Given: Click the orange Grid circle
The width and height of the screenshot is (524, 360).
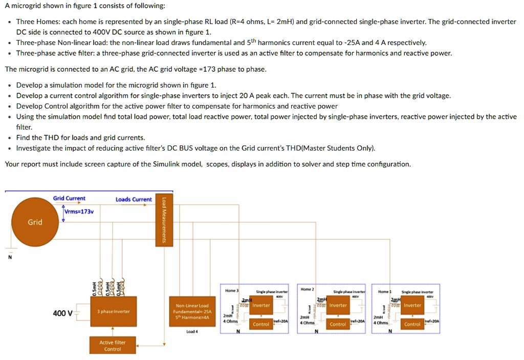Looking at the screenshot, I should pos(35,222).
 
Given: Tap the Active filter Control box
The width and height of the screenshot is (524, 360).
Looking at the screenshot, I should pos(112,346).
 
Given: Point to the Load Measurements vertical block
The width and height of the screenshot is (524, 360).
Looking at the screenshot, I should pos(164,221).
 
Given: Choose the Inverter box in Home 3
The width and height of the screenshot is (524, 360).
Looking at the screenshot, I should pos(261,306).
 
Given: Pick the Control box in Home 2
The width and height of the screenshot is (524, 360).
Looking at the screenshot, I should pos(338,324).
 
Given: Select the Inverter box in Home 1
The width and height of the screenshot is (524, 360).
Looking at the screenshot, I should pos(412,306).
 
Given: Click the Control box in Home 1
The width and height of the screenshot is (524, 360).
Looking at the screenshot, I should pos(412,324).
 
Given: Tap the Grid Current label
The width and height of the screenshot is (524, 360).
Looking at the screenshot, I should pos(69,199).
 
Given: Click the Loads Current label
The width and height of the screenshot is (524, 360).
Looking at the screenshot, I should pos(134,199).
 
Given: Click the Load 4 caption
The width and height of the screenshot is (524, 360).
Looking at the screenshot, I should pos(192,331).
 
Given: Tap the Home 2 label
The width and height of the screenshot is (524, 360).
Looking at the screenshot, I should pos(307,289).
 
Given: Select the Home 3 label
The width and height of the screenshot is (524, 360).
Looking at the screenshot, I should pos(231,290).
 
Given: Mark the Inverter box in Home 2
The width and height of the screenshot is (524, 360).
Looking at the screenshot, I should pos(338,306).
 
